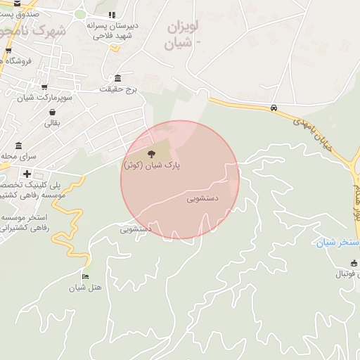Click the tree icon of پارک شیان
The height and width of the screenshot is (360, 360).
tap(151, 154)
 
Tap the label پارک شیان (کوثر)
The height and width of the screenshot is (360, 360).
tap(152, 166)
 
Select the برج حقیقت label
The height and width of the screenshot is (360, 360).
tap(117, 89)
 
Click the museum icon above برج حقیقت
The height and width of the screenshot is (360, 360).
tap(117, 78)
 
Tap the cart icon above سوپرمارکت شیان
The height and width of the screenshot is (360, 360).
tap(46, 87)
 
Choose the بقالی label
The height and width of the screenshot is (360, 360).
tap(53, 124)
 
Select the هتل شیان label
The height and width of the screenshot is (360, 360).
tap(84, 288)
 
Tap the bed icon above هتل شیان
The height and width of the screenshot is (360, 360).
tap(86, 277)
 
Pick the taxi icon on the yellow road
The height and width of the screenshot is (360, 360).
tap(274, 108)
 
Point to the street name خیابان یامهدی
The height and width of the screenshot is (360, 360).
tap(314, 133)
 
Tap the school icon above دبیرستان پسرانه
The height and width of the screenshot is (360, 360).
tap(112, 15)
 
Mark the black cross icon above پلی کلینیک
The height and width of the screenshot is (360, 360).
tap(27, 174)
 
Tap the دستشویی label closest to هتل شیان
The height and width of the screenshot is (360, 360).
tap(136, 229)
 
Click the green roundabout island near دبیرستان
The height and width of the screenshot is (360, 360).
tap(80, 14)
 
